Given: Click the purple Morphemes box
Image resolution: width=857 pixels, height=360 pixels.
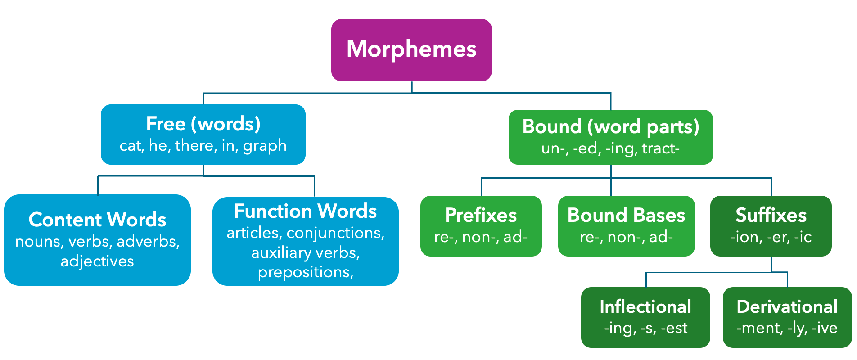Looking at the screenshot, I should click(x=411, y=49).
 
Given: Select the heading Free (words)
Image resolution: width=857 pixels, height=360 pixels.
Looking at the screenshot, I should click(x=203, y=124).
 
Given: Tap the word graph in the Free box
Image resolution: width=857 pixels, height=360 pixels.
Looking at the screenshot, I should click(x=265, y=146).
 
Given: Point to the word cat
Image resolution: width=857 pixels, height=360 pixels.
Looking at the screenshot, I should click(x=130, y=146).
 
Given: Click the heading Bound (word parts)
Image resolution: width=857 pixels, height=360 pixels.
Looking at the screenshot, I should click(x=611, y=126).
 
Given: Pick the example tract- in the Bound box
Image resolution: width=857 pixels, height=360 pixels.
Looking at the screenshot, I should click(x=661, y=148).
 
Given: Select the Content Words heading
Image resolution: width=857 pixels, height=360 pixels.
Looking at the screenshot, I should click(x=97, y=220).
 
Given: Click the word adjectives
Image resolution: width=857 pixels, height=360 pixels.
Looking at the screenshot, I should click(x=97, y=261).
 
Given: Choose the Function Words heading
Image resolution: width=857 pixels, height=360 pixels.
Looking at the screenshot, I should click(x=305, y=211).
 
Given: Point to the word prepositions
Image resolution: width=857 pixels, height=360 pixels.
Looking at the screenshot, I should click(x=304, y=272).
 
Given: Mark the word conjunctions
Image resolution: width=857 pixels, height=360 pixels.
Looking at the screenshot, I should click(x=335, y=233).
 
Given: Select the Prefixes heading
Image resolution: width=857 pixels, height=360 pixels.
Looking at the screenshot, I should click(x=481, y=215).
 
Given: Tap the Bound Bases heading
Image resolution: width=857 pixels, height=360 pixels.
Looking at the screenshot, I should click(x=626, y=215).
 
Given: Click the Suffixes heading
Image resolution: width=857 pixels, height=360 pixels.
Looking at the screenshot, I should click(x=771, y=215).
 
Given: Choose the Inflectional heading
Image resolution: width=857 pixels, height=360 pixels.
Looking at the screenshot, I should click(x=645, y=307).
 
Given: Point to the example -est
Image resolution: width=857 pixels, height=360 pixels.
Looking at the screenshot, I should click(x=674, y=328).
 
